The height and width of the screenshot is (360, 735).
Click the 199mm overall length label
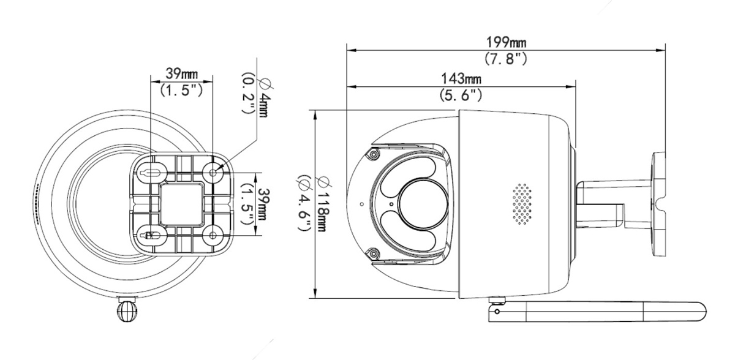click(506, 42)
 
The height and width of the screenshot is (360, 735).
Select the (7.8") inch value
click(506, 59)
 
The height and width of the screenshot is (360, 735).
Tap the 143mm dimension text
click(461, 79)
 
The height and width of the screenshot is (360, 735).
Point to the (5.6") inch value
click(461, 96)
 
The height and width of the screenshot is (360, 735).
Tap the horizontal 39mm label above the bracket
click(181, 73)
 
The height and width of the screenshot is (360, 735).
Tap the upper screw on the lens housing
click(372, 156)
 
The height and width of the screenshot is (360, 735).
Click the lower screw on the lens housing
click(372, 252)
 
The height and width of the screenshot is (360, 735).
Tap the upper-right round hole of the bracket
click(213, 173)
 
